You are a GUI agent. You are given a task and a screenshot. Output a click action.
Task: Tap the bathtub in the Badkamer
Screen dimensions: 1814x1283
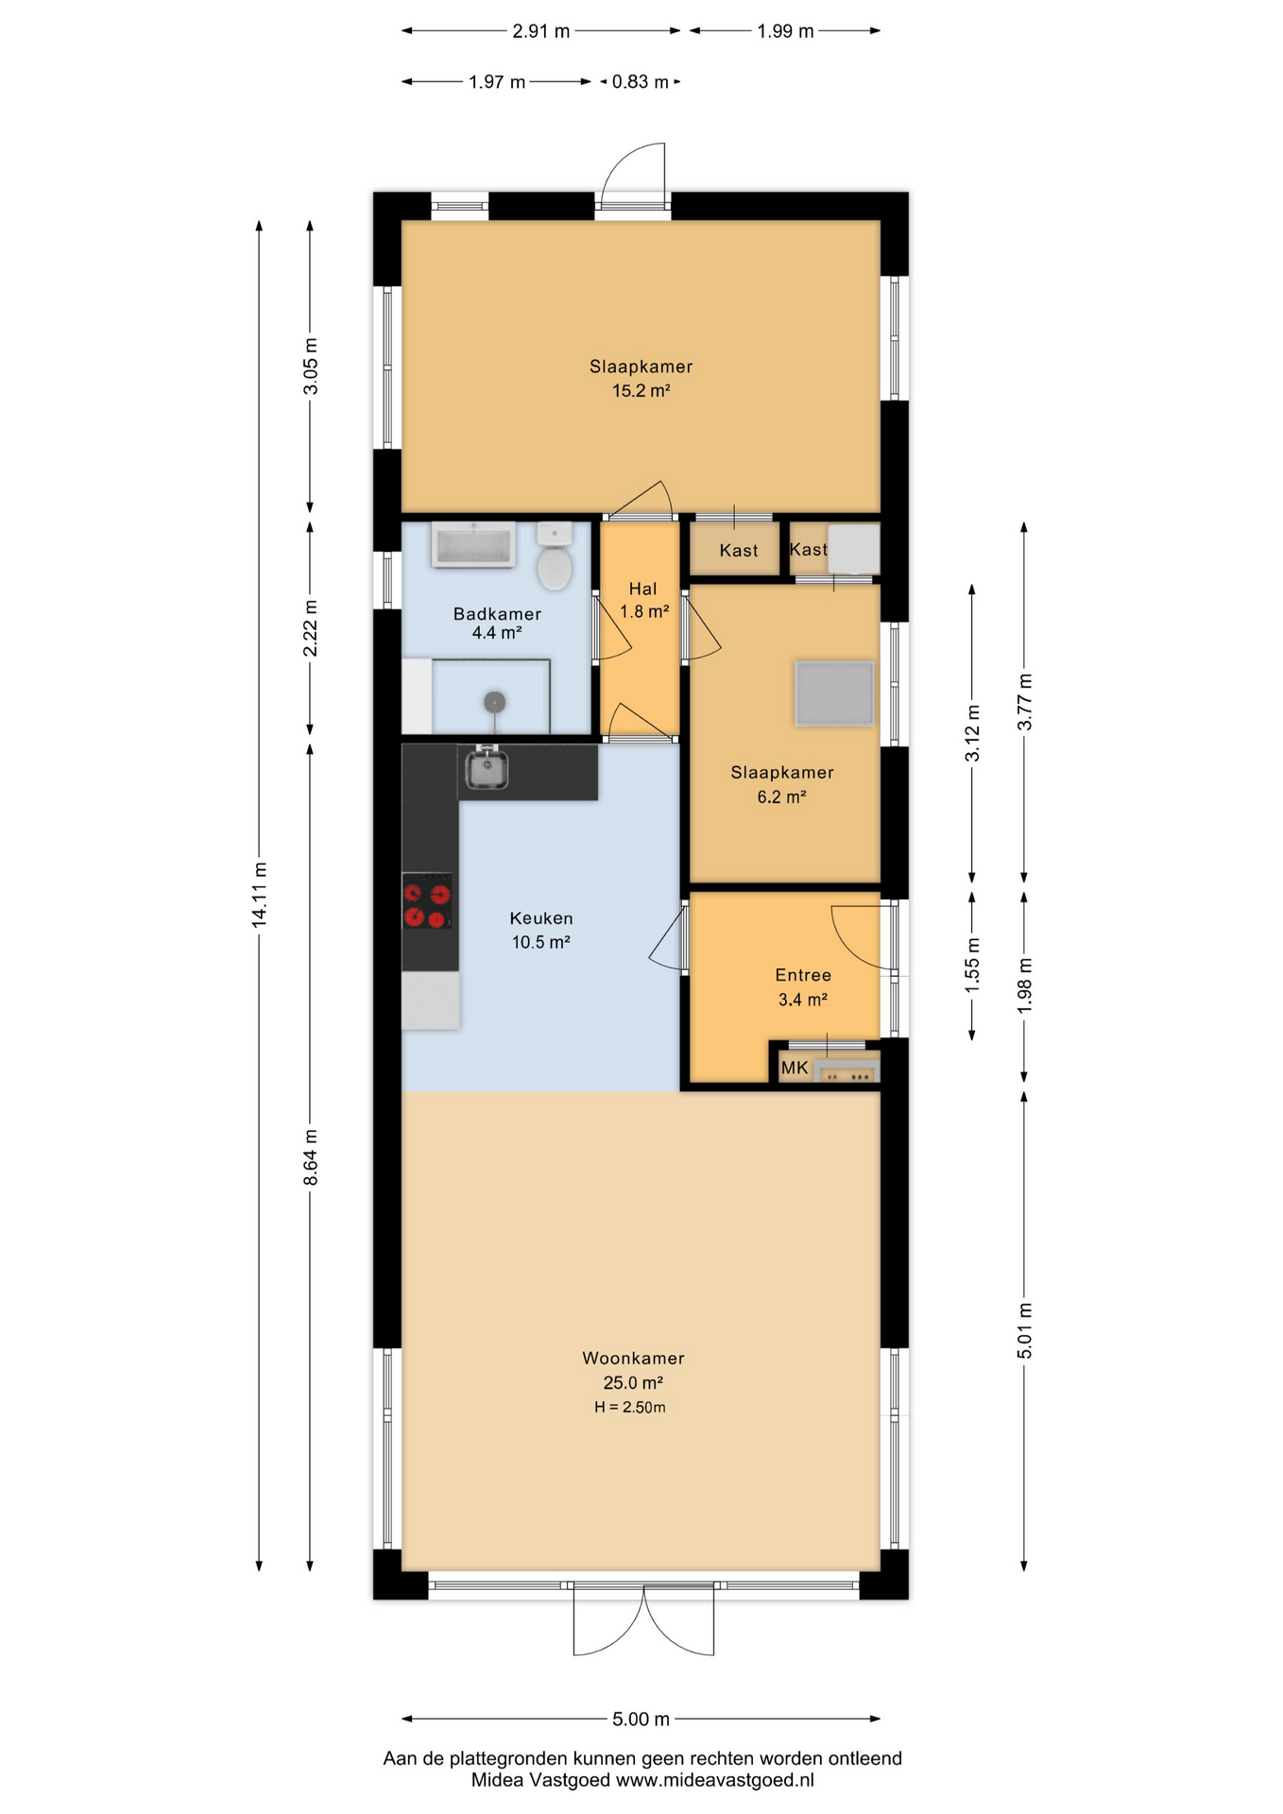(473, 545)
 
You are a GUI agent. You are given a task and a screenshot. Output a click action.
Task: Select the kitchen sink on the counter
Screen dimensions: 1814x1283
(488, 767)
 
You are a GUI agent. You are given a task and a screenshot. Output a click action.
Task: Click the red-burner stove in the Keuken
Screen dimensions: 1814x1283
(427, 904)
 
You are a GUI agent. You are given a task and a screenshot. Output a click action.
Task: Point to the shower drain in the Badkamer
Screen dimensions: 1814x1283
(494, 702)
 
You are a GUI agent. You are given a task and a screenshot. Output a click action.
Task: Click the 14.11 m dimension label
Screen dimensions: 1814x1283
(260, 894)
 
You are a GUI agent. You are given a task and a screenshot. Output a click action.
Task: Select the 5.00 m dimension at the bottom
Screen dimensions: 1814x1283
(641, 1719)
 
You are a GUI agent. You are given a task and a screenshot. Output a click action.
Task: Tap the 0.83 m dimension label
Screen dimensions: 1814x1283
(640, 82)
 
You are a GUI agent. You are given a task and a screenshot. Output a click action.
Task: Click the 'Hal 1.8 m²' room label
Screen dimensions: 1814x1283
(643, 600)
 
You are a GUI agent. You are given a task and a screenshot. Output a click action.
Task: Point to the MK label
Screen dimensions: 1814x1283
(795, 1068)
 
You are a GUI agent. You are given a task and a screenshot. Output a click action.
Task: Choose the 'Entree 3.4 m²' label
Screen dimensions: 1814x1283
(803, 986)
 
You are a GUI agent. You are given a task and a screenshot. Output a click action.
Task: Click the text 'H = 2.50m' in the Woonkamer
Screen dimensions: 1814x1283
(630, 1407)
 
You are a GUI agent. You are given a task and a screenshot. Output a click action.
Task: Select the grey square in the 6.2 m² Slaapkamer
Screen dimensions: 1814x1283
(834, 693)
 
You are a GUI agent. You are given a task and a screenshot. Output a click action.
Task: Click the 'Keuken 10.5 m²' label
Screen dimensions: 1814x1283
(540, 930)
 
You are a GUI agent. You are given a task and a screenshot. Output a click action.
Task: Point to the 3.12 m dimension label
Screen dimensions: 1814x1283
(972, 732)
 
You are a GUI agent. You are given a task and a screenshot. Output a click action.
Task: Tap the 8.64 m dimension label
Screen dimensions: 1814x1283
(311, 1156)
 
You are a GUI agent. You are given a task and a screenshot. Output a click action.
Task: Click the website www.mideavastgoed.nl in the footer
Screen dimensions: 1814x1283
(715, 1780)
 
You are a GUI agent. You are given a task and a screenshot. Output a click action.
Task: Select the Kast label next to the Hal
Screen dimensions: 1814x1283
(738, 550)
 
